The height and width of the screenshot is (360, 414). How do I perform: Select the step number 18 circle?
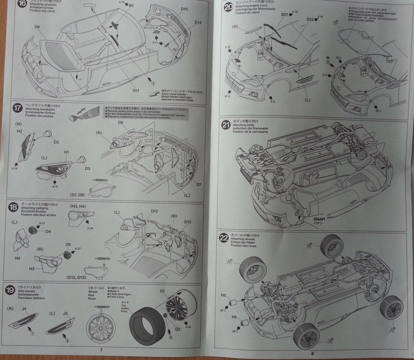click(13, 207)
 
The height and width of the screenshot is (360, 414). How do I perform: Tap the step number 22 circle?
click(224, 238)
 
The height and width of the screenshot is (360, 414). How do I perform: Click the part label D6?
click(37, 27)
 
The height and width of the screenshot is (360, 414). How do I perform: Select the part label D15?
click(184, 9)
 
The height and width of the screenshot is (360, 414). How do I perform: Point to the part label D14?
click(198, 22)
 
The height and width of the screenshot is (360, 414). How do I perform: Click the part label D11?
click(136, 90)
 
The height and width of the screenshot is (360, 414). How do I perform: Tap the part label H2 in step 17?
click(20, 132)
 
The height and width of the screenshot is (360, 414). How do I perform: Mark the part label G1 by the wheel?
click(162, 291)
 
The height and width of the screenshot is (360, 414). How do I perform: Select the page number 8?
click(312, 354)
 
